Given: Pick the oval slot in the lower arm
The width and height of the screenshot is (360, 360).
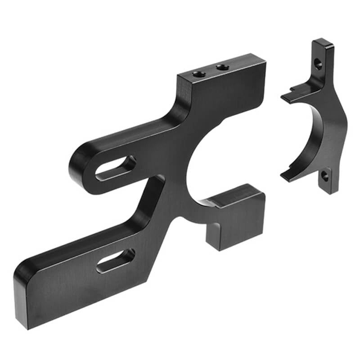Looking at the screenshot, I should (x=116, y=261).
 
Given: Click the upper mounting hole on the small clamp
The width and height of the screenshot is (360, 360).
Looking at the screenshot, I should (x=318, y=64).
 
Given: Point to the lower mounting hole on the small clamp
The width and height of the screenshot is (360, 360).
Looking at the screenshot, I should (x=324, y=177).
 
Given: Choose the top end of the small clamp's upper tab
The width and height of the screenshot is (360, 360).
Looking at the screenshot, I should (x=323, y=43).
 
